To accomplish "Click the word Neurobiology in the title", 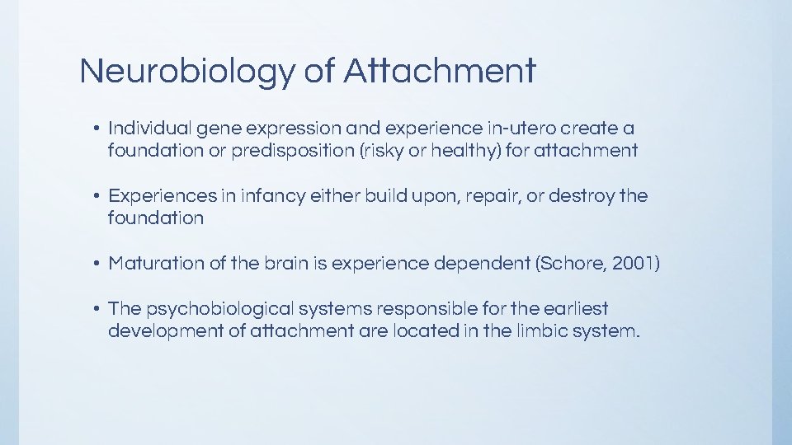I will point(186,72).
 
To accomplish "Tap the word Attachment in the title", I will point(440,72).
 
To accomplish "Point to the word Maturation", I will point(156,264).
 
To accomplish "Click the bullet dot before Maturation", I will point(96,265).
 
